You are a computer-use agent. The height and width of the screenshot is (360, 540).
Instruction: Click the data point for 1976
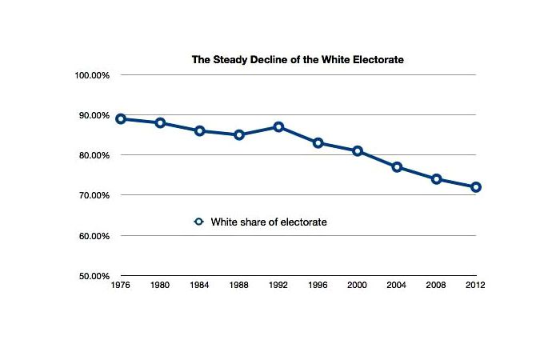click(121, 119)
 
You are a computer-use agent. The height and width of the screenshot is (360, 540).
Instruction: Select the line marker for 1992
click(278, 127)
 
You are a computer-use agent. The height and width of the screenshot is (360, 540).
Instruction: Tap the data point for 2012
click(475, 187)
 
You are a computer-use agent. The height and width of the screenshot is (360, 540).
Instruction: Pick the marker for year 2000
click(358, 151)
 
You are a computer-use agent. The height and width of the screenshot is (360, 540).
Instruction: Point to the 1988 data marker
click(239, 135)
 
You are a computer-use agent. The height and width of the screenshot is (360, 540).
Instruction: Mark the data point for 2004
click(397, 167)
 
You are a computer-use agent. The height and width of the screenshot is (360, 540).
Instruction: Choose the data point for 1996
click(318, 143)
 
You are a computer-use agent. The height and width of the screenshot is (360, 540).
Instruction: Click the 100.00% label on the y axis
click(92, 75)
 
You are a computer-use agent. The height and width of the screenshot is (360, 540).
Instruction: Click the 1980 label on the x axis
click(160, 285)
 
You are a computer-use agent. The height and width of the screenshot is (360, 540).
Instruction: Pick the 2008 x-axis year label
click(436, 285)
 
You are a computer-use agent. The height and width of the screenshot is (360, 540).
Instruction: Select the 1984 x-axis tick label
click(200, 285)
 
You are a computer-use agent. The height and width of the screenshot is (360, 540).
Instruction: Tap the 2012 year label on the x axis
click(475, 285)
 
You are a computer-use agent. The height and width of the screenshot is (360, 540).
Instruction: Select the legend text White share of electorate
click(268, 222)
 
